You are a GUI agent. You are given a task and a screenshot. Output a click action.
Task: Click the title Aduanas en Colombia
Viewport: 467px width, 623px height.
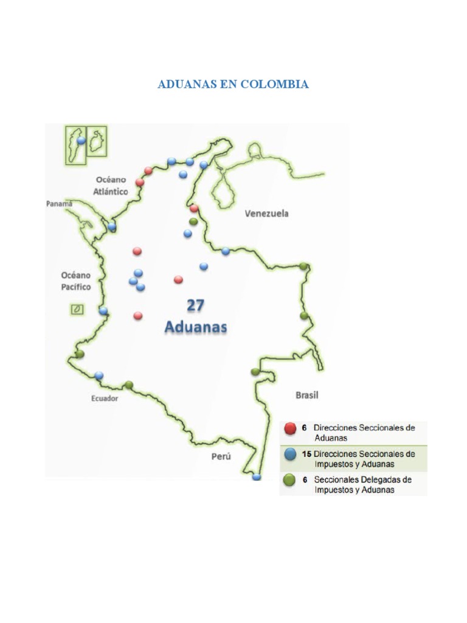(x=233, y=85)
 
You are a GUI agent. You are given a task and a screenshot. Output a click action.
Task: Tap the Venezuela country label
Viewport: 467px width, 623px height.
(x=266, y=214)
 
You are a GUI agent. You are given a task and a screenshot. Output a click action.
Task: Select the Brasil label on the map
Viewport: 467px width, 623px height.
(x=307, y=395)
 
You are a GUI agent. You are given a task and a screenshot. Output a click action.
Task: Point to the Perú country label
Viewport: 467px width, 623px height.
(x=221, y=456)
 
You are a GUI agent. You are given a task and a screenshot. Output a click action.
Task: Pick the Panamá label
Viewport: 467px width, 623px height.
(x=60, y=204)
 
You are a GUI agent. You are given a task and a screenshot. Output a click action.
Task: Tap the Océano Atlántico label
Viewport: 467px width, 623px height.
(x=111, y=186)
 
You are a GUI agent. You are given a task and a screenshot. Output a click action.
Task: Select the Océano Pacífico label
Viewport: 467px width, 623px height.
(x=76, y=280)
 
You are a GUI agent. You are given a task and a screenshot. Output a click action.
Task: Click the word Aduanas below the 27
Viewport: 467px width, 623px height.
(x=196, y=327)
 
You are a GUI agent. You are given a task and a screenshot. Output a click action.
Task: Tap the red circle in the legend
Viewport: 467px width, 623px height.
(x=290, y=428)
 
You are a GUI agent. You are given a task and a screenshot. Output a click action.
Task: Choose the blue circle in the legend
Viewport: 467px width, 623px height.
(x=290, y=454)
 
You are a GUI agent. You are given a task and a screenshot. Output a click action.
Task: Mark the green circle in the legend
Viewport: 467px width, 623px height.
(x=290, y=480)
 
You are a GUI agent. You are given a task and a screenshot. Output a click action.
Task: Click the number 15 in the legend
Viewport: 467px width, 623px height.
(x=306, y=454)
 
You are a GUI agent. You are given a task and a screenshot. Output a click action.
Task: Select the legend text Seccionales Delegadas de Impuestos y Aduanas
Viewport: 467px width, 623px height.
(x=362, y=484)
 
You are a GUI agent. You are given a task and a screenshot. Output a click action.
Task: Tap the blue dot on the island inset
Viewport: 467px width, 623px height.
(x=81, y=141)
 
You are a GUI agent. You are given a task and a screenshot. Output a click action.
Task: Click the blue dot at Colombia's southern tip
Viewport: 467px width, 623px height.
(x=257, y=477)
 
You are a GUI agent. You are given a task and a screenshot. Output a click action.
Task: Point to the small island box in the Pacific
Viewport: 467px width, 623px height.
(x=77, y=310)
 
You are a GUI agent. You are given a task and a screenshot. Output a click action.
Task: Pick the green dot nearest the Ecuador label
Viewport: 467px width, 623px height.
(x=129, y=385)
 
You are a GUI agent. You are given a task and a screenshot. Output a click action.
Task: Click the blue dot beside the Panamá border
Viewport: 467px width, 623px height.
(x=112, y=227)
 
